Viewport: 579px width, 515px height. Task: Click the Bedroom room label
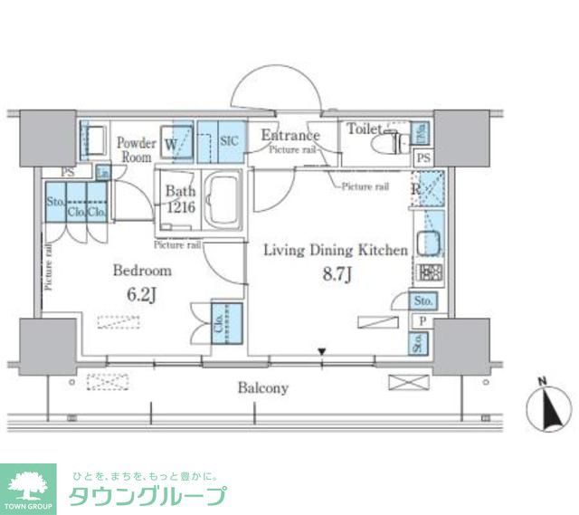[x=142, y=271]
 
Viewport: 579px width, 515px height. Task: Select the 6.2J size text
[x=142, y=294]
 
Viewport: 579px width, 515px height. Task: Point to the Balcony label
[x=262, y=388]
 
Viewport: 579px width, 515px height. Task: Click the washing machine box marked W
[x=174, y=141]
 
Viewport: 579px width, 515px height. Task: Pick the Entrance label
[x=289, y=136]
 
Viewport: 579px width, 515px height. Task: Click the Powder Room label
[x=138, y=148]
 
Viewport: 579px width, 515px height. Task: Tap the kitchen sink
[x=426, y=243]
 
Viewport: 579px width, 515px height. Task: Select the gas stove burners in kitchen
[x=426, y=272]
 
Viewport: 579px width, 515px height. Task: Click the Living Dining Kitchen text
[x=335, y=251]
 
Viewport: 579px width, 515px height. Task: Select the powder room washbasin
[x=93, y=140]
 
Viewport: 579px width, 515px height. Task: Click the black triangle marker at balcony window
[x=322, y=352]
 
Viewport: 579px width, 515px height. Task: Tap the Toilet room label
[x=365, y=129]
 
